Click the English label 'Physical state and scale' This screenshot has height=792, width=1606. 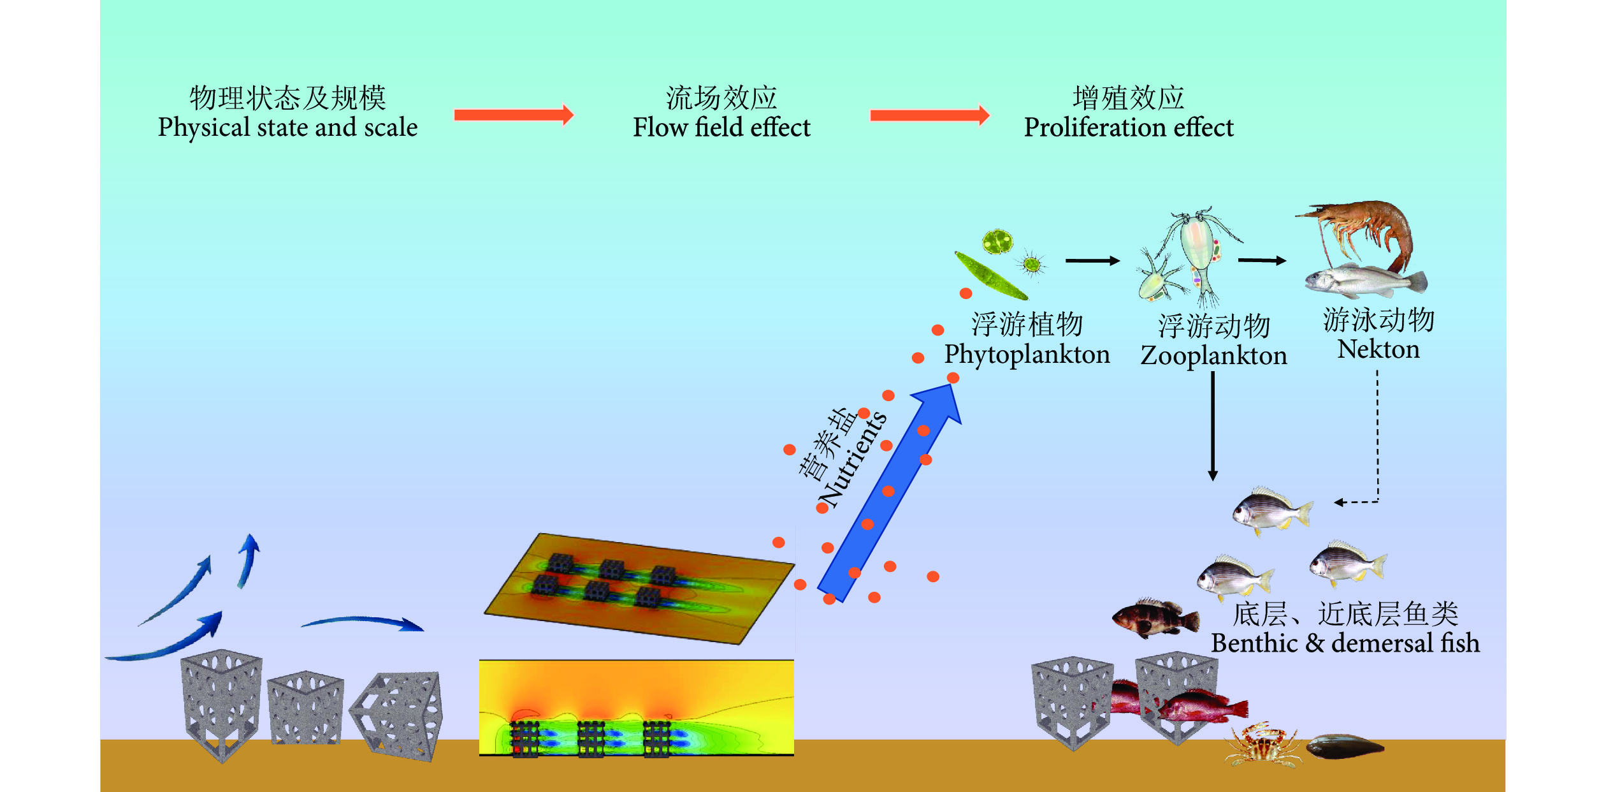click(x=287, y=128)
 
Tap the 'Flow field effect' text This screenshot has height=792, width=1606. click(x=721, y=128)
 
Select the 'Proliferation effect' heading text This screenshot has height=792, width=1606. click(x=1129, y=128)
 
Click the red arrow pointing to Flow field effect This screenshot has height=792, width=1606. click(x=514, y=115)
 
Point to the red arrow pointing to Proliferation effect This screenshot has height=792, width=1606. click(x=929, y=115)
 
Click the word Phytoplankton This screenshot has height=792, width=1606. click(x=1027, y=354)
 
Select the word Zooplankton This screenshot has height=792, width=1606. click(x=1213, y=355)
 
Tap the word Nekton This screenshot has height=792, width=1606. click(x=1378, y=349)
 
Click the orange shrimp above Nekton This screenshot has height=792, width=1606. click(x=1364, y=230)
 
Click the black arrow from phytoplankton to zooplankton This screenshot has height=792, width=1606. click(x=1092, y=260)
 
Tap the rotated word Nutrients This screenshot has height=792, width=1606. click(x=853, y=459)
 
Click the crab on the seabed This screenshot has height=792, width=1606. click(x=1262, y=745)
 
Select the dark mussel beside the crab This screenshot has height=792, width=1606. click(x=1345, y=746)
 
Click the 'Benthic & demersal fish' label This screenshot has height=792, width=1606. click(x=1345, y=643)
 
